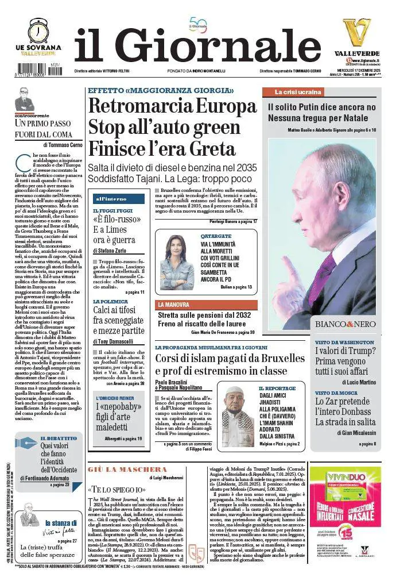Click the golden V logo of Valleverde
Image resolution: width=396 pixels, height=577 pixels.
(x=356, y=32)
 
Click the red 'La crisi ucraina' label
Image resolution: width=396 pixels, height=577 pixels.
(x=293, y=92)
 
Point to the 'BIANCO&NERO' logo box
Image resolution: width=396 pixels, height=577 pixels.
(x=344, y=325)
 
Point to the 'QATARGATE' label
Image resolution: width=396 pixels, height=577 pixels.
(x=216, y=236)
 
